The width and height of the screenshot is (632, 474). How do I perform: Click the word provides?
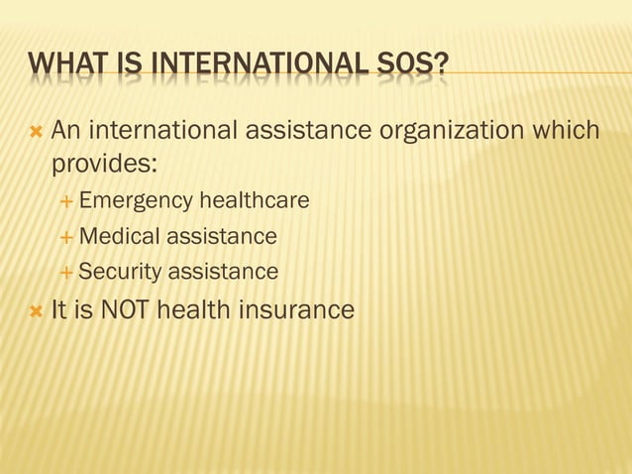(97, 162)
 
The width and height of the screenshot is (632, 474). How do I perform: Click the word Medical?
(119, 237)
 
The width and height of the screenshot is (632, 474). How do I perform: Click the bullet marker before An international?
(36, 131)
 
